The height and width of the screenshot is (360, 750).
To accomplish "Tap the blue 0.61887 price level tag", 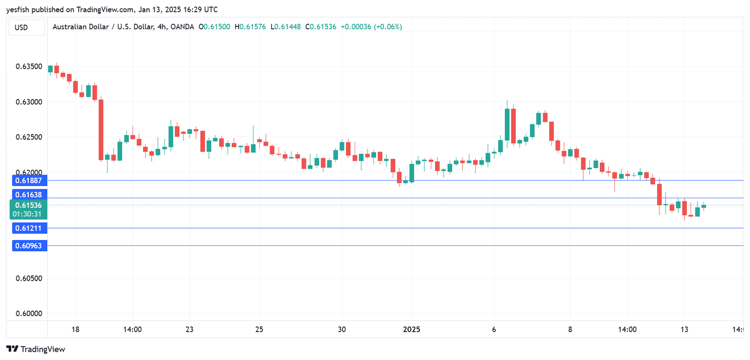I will [x=29, y=181].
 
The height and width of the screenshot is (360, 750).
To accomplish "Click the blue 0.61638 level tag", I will [x=29, y=194].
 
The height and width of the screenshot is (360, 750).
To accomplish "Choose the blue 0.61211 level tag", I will [x=29, y=228].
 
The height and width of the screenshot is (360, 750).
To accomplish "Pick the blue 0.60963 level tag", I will [x=29, y=246].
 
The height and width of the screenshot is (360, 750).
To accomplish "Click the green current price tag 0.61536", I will [x=29, y=205].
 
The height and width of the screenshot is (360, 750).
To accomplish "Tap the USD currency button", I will [x=21, y=27].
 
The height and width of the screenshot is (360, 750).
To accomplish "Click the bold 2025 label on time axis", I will [x=411, y=329].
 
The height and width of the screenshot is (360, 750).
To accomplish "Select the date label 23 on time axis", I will [x=189, y=329].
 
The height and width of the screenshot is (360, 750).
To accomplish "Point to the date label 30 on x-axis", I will [x=342, y=329].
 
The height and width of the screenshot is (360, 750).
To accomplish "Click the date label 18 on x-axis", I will [x=75, y=329].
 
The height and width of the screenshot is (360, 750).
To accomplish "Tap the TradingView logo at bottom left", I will [x=36, y=349].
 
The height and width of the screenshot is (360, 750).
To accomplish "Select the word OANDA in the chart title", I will [x=182, y=27].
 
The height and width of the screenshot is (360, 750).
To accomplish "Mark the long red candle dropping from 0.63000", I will [x=101, y=130].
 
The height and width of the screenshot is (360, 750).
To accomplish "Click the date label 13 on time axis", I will [x=684, y=329].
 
